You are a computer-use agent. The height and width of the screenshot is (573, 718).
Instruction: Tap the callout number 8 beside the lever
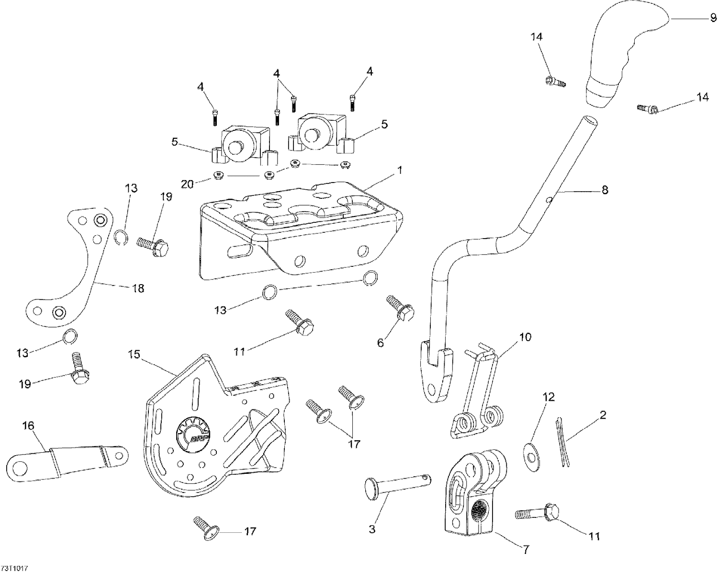pos(605,190)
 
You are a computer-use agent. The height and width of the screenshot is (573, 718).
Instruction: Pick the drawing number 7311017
pos(15,568)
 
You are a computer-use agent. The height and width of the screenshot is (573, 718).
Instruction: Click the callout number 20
pos(188,183)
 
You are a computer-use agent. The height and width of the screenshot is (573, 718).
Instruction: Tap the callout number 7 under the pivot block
pos(526,550)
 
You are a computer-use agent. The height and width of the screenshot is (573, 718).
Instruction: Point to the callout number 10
pos(525,337)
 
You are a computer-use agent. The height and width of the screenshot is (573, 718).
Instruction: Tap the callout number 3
pos(372,529)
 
